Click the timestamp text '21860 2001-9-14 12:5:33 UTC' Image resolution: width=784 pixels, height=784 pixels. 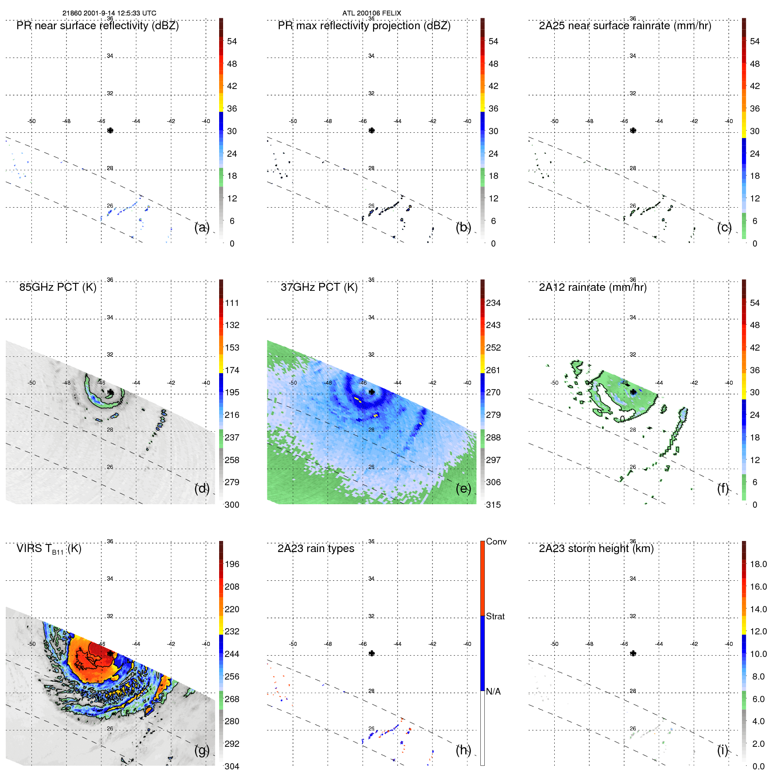pyautogui.click(x=109, y=13)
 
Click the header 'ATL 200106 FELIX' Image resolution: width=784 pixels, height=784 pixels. pyautogui.click(x=371, y=13)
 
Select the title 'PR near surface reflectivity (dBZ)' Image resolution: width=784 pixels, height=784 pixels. pyautogui.click(x=97, y=26)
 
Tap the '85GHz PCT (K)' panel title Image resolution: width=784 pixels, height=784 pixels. pyautogui.click(x=58, y=287)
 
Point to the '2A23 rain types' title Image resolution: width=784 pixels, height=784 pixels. pyautogui.click(x=316, y=548)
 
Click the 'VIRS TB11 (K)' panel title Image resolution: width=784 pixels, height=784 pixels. pyautogui.click(x=49, y=549)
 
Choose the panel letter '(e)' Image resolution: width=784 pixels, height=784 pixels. pyautogui.click(x=463, y=488)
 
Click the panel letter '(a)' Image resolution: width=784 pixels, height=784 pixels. pyautogui.click(x=201, y=227)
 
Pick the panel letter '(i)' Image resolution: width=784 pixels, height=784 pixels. pyautogui.click(x=722, y=750)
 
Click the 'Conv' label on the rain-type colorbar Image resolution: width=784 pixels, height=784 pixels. pyautogui.click(x=496, y=541)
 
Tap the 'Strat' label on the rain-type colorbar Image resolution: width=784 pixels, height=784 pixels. pyautogui.click(x=495, y=616)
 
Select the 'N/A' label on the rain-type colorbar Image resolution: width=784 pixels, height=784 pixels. pyautogui.click(x=493, y=691)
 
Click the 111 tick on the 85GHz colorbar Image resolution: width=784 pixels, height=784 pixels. pyautogui.click(x=232, y=303)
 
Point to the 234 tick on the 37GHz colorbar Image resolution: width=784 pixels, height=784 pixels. pyautogui.click(x=493, y=303)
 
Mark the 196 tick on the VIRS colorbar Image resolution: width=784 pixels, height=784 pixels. pyautogui.click(x=232, y=564)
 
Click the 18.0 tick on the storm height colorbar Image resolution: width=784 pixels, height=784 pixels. pyautogui.click(x=758, y=564)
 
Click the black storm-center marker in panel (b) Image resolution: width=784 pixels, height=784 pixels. pyautogui.click(x=372, y=131)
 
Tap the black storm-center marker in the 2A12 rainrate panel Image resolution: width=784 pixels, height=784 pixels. pyautogui.click(x=633, y=392)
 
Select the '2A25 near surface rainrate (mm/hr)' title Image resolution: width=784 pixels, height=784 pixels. pyautogui.click(x=625, y=26)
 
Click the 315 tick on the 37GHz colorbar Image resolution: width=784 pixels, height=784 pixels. pyautogui.click(x=493, y=505)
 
